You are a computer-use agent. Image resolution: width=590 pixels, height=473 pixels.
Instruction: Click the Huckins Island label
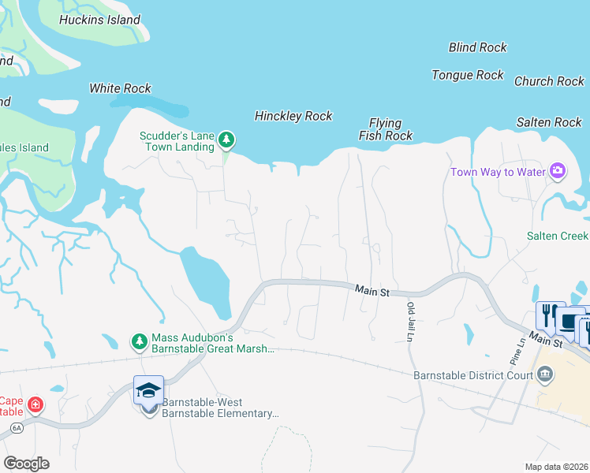pos(100,20)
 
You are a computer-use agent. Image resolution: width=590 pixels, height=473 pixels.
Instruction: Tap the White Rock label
pos(120,88)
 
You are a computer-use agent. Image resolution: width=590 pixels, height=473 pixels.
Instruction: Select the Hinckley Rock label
pos(293,116)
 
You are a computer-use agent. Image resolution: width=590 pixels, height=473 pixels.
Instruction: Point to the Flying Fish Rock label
pos(386,129)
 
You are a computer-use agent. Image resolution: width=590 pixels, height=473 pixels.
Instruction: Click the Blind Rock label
pos(477,47)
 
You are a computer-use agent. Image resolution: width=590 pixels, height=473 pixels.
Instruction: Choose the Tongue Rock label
pos(467,75)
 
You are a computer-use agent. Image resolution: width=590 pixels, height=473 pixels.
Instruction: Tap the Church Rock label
pos(549,81)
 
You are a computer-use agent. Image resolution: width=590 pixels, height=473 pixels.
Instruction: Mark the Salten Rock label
pos(549,122)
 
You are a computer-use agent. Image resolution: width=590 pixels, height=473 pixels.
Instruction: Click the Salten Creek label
pos(558,236)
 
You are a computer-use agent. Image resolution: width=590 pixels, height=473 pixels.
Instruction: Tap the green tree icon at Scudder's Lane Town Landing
pos(226,140)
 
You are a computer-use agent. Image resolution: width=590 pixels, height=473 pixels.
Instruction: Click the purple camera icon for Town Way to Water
pos(558,171)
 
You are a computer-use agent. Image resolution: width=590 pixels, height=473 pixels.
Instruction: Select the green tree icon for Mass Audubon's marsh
pos(140,341)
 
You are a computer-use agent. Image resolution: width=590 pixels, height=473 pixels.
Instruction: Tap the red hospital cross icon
pos(35,405)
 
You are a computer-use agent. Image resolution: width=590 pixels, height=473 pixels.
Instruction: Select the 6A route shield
pos(16,427)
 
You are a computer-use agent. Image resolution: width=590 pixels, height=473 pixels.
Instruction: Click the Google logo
pos(26,463)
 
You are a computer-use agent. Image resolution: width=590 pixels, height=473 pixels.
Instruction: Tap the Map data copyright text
pos(555,467)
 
